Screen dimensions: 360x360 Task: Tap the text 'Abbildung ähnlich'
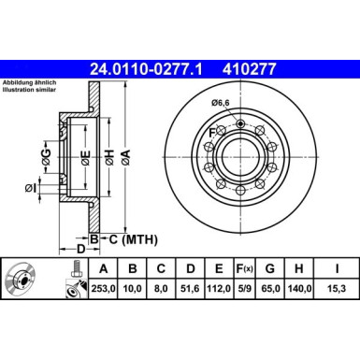pos(28,82)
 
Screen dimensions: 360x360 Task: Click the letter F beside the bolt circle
pos(212,132)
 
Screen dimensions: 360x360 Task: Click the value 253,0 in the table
pos(102,288)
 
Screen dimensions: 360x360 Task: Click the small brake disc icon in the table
pos(22,278)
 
